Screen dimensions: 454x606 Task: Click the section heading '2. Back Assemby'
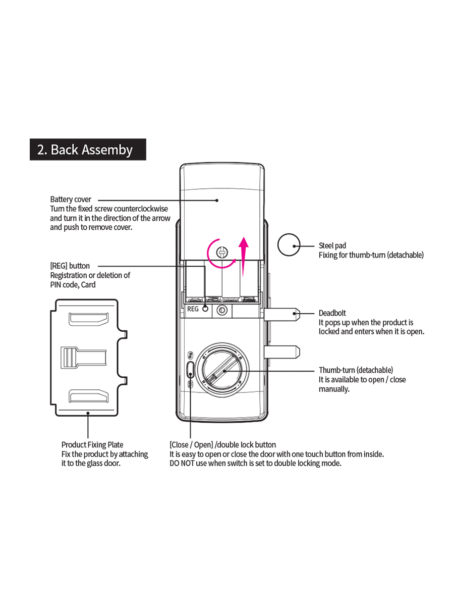pos(85,149)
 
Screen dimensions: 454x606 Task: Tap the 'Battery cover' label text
pos(71,199)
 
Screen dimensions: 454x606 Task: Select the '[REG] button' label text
pos(70,266)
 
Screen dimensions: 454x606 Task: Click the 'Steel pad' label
pos(332,245)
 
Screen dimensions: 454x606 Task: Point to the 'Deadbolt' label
pos(332,313)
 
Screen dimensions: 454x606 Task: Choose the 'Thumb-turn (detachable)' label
pos(356,370)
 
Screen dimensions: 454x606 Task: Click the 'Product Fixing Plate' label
pos(92,445)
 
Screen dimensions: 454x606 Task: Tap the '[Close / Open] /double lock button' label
pos(223,445)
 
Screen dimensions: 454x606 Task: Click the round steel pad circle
pos(289,244)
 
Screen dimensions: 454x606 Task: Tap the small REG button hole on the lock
pos(205,309)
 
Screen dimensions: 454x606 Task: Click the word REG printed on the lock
pos(193,309)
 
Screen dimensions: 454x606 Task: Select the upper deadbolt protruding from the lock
pos(281,315)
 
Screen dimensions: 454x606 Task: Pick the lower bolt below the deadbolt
pos(281,352)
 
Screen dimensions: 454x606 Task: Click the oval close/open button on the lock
pos(191,370)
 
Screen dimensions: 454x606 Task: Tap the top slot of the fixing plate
pos(88,319)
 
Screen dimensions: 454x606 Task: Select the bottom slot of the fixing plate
pos(88,396)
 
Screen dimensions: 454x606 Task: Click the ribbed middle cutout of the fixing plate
pos(84,358)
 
